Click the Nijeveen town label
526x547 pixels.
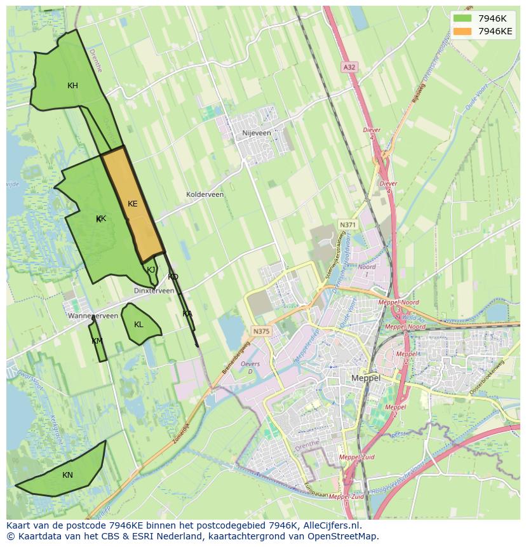(257, 133)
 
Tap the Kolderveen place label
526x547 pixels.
(205, 194)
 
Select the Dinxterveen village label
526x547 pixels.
(154, 290)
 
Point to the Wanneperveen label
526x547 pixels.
(93, 315)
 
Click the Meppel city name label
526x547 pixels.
(365, 377)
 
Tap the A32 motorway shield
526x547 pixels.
(349, 66)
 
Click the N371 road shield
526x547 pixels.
(347, 225)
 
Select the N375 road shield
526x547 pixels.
(260, 331)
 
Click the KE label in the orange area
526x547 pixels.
(132, 204)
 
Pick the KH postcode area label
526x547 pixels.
(72, 86)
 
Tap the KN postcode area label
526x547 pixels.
(67, 475)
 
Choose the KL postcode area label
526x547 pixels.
(138, 325)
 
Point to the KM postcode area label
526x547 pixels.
(97, 341)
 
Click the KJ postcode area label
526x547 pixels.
(151, 269)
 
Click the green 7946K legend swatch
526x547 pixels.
(462, 18)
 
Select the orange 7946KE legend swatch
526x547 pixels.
(462, 31)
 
